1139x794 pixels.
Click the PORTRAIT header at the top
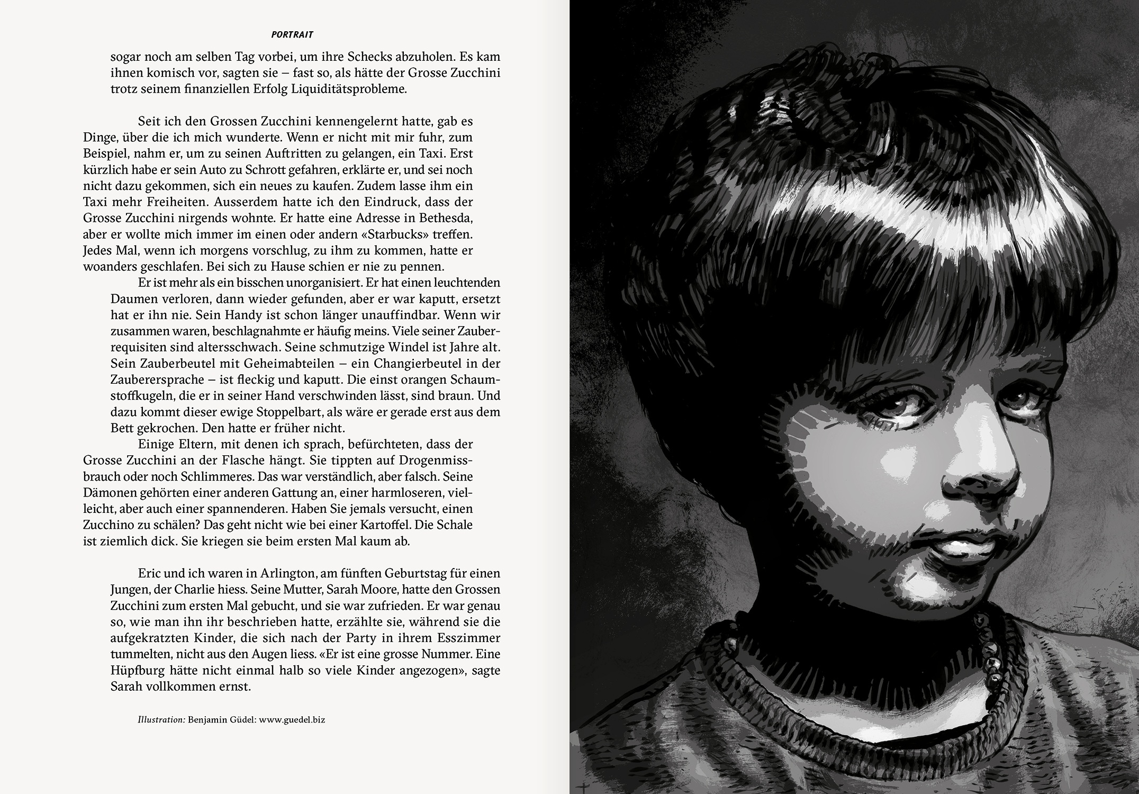(x=292, y=35)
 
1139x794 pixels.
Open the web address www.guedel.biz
(x=292, y=720)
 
